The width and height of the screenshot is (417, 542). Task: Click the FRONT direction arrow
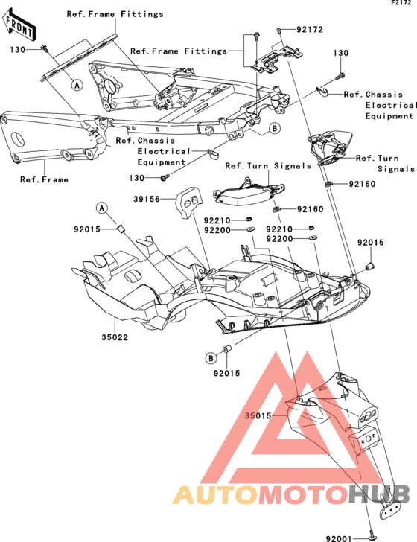click(x=19, y=25)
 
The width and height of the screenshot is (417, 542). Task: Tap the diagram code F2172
click(x=401, y=3)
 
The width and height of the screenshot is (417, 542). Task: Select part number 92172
click(x=310, y=30)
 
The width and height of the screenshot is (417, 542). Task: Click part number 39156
click(x=147, y=199)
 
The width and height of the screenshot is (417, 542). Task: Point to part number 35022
click(x=115, y=337)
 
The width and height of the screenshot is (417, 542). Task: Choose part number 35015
click(x=258, y=416)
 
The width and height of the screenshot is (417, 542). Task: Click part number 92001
click(x=339, y=538)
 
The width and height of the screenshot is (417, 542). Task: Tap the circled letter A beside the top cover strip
click(x=77, y=85)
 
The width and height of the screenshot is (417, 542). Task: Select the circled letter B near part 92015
click(x=211, y=358)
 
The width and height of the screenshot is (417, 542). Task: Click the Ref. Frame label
click(x=44, y=179)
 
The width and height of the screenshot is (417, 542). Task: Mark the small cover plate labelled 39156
click(x=190, y=202)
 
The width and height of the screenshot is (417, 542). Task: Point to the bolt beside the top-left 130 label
click(x=45, y=48)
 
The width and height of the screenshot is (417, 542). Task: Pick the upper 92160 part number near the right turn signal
click(x=362, y=184)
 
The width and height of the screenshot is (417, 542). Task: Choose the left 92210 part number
click(x=217, y=220)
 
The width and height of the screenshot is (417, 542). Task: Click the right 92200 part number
click(x=279, y=239)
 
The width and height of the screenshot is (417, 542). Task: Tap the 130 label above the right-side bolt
click(x=341, y=54)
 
